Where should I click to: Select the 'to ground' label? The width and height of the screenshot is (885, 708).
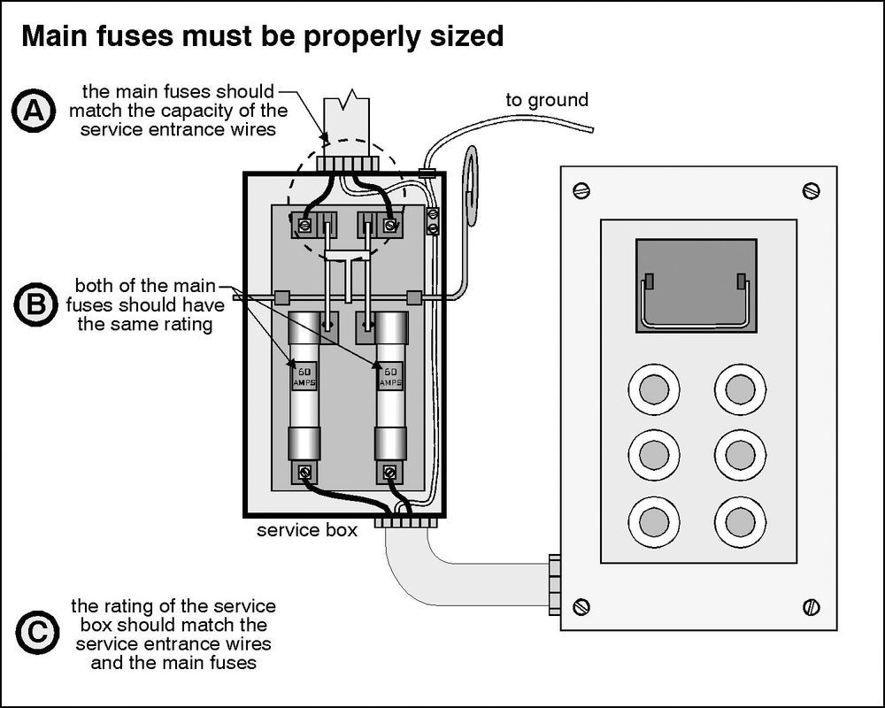click(x=546, y=100)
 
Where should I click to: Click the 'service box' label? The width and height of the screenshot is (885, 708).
click(x=307, y=531)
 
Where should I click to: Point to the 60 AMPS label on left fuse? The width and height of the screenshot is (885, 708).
click(x=304, y=375)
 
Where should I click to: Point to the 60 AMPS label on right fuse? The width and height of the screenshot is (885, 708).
click(x=390, y=375)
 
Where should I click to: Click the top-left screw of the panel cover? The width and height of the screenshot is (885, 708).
click(x=581, y=190)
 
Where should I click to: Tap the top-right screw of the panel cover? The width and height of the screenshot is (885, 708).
click(x=811, y=190)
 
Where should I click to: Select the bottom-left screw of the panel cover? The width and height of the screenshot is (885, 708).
click(x=581, y=606)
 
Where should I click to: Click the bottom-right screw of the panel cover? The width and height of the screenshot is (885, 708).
click(x=811, y=606)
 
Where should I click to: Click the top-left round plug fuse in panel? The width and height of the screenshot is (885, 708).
click(x=654, y=389)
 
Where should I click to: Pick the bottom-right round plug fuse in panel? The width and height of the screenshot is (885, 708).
click(x=740, y=522)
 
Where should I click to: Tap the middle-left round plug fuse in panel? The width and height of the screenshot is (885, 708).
click(x=654, y=455)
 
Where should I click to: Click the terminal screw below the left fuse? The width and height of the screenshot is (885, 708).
click(x=305, y=473)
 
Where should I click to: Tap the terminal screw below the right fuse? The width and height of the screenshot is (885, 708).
click(x=390, y=473)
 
